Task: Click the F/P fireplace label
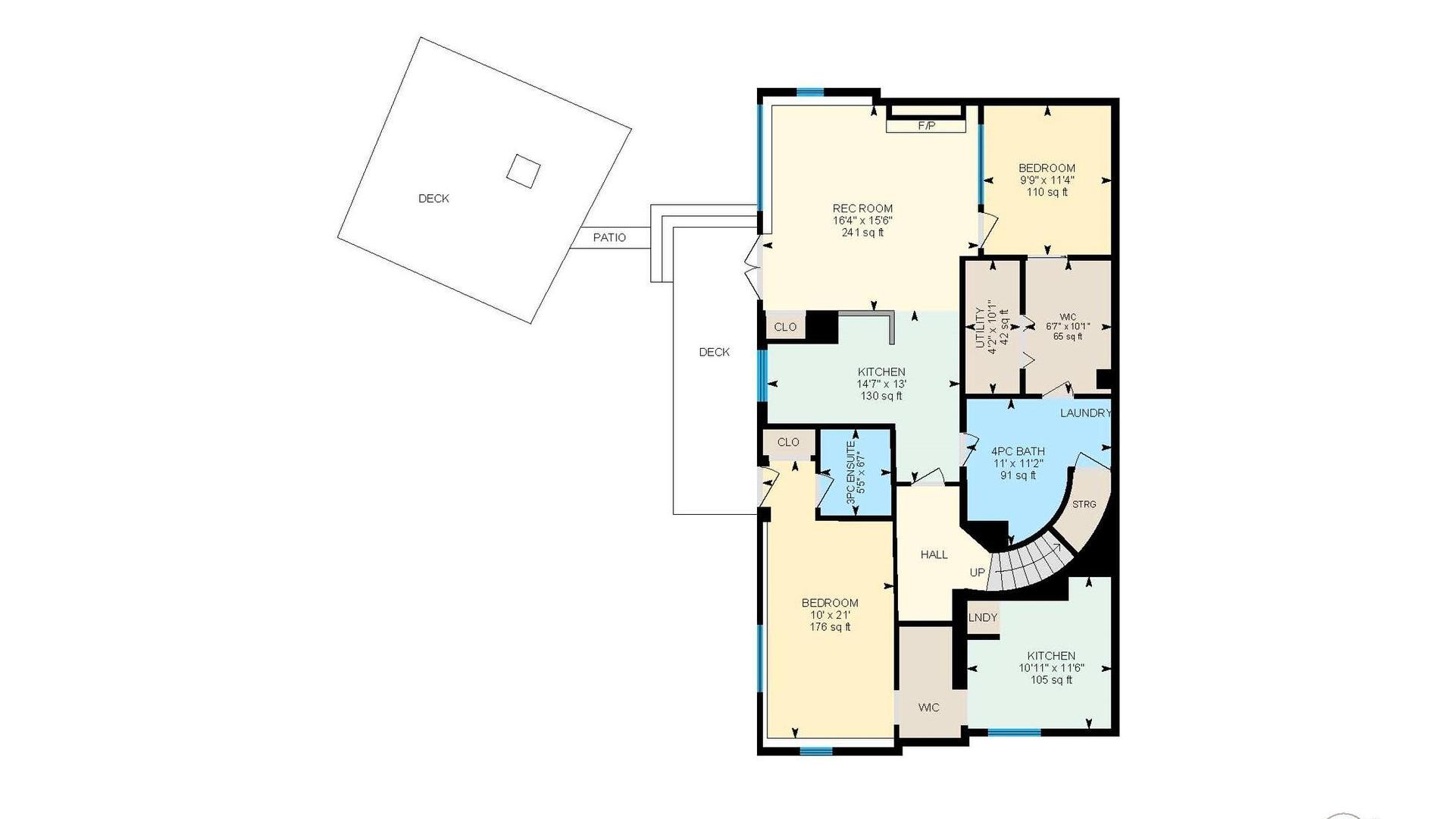(926, 126)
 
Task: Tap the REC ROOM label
(862, 208)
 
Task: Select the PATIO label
(609, 237)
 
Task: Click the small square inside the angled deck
(523, 171)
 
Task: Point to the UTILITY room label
(980, 328)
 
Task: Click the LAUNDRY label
(1085, 413)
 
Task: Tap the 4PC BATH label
(1018, 451)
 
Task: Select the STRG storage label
(1084, 504)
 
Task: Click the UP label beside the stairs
(978, 573)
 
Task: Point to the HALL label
(934, 554)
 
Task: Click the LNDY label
(983, 617)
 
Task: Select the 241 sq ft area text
(862, 233)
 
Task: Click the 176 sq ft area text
(830, 627)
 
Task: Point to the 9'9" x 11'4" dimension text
(1047, 180)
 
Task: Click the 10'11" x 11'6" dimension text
(1051, 668)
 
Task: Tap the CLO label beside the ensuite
(788, 442)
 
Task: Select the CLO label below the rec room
(785, 327)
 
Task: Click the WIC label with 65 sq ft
(1068, 317)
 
